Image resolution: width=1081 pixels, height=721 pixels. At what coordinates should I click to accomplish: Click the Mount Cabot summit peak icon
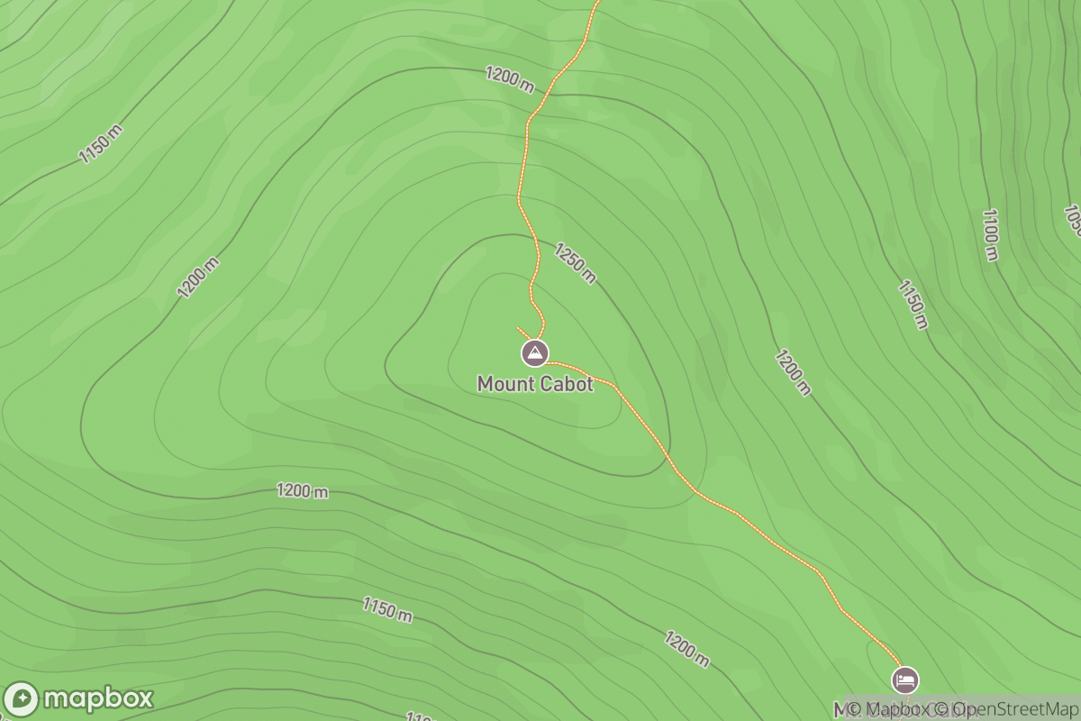click(535, 352)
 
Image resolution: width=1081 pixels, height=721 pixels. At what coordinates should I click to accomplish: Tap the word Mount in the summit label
click(504, 384)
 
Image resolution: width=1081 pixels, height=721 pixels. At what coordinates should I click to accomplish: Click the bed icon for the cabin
click(906, 679)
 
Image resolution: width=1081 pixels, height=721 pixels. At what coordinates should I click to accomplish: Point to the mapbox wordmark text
click(98, 698)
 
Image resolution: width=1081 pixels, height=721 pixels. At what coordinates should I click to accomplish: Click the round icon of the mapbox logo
click(22, 699)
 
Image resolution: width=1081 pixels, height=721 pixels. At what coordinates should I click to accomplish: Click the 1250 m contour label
click(575, 263)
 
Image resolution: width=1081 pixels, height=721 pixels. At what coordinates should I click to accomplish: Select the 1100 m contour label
click(990, 234)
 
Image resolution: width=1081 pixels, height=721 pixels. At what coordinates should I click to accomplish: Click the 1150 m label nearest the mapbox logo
click(387, 609)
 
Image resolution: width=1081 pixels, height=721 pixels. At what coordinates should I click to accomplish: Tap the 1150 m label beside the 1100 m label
click(912, 304)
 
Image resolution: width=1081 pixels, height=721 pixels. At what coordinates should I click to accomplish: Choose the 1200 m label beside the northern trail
click(510, 78)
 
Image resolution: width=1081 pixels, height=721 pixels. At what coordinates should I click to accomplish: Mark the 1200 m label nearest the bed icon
click(687, 649)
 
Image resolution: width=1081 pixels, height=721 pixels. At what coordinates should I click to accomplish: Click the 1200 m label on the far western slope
click(198, 278)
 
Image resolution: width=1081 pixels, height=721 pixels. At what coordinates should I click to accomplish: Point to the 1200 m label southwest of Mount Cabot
click(303, 491)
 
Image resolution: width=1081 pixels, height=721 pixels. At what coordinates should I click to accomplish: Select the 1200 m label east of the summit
click(793, 373)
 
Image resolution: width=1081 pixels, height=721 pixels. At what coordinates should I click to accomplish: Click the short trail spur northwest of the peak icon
click(523, 333)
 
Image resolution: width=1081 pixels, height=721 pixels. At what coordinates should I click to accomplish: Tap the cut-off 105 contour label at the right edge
click(1072, 221)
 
